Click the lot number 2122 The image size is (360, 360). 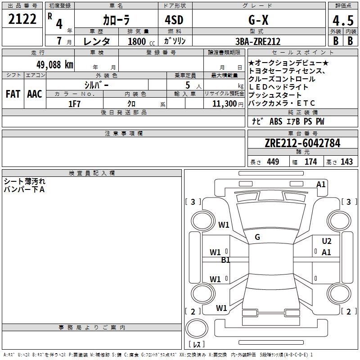(x=22, y=19)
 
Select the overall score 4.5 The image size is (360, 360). (x=342, y=21)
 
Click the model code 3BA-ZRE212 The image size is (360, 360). (x=258, y=41)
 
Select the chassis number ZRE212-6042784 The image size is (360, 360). (x=302, y=143)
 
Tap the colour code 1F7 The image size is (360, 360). (x=74, y=103)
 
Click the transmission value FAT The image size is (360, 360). (x=13, y=94)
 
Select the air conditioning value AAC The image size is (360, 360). (x=34, y=94)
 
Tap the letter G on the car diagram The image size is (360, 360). (x=257, y=237)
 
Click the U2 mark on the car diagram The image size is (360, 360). (x=327, y=241)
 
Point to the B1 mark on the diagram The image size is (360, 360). (x=225, y=260)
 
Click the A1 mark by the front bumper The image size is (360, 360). (x=321, y=184)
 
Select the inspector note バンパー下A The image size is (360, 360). (x=24, y=189)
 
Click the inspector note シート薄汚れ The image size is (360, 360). (x=24, y=181)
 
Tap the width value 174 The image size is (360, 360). (x=311, y=162)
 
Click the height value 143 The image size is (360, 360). (x=346, y=162)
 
